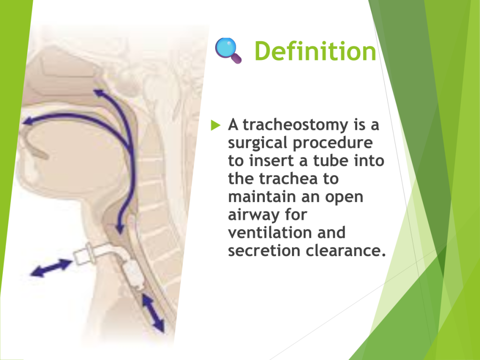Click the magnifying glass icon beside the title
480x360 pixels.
228,50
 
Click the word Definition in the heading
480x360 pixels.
315,51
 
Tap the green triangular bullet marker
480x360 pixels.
216,125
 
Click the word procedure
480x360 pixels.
333,143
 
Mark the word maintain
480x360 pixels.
261,197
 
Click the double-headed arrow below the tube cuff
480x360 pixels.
154,313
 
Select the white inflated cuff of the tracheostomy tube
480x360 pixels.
134,273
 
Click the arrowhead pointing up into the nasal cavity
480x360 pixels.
98,93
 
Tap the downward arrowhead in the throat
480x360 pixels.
120,228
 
